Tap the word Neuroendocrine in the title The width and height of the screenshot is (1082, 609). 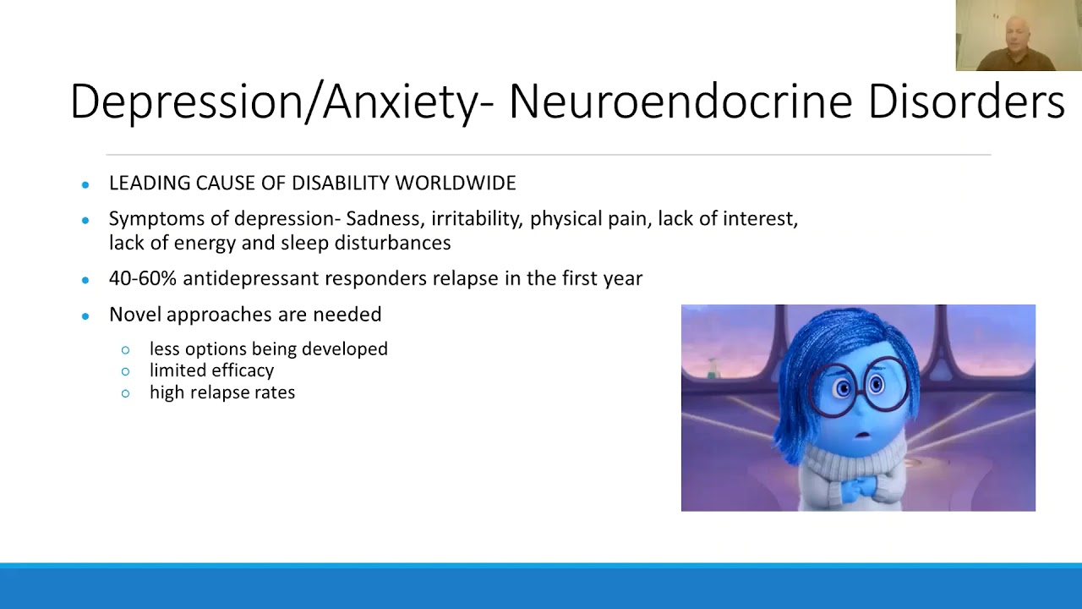(680, 101)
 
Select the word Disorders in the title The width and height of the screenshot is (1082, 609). (966, 101)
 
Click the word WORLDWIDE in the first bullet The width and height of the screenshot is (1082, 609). (456, 184)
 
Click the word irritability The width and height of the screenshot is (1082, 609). (476, 219)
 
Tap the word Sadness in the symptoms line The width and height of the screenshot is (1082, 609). (385, 219)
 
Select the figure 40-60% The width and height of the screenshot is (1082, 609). (143, 278)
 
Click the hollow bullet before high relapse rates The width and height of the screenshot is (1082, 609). (126, 393)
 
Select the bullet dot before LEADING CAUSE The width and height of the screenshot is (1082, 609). (85, 184)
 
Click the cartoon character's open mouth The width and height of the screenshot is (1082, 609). (863, 435)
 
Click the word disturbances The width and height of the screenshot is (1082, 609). (393, 243)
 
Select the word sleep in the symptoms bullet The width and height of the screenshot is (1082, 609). (305, 243)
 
